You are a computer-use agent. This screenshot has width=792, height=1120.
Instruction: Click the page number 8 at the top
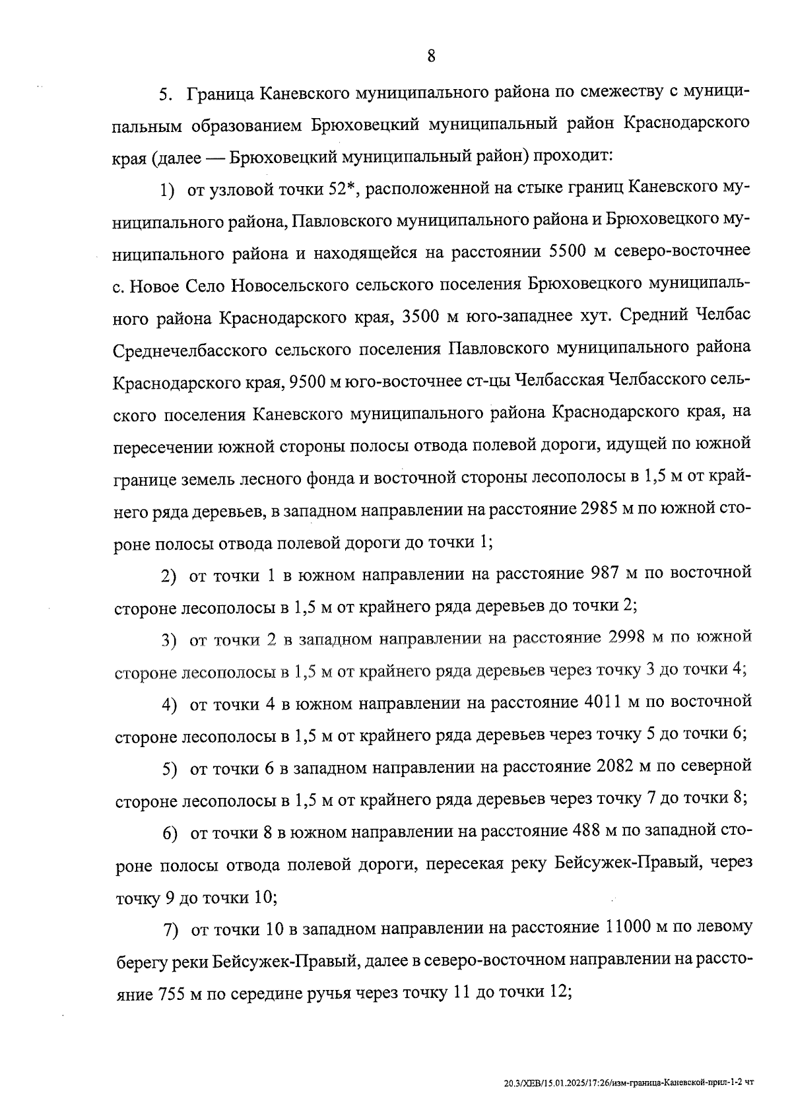point(431,56)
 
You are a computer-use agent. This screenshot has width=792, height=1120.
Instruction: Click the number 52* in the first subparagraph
point(343,190)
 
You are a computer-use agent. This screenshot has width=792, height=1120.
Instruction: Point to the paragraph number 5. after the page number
point(166,94)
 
